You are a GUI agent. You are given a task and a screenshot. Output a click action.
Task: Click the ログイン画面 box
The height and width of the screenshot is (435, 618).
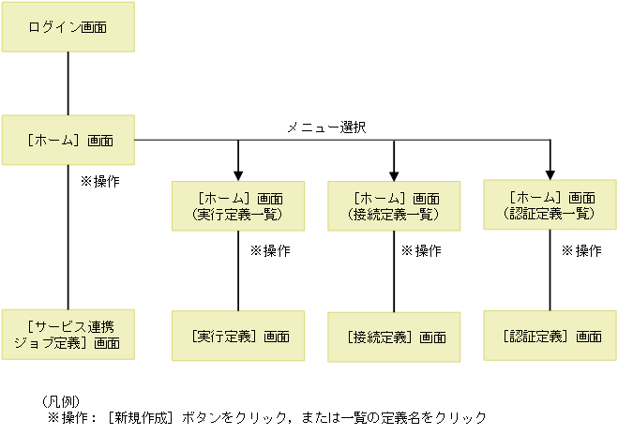(x=68, y=27)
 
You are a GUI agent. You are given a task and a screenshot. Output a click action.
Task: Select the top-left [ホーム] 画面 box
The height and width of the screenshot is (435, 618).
(x=68, y=141)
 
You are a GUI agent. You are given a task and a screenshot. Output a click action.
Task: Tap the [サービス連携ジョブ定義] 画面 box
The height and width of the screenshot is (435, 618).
(x=68, y=335)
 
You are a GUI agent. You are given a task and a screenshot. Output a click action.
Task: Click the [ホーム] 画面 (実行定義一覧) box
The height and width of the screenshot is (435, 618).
(x=238, y=206)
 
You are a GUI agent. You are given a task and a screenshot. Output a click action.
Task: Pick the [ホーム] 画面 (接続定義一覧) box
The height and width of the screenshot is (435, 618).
(x=393, y=206)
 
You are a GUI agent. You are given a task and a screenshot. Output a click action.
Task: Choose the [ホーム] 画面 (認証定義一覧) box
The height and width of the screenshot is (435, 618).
(x=550, y=205)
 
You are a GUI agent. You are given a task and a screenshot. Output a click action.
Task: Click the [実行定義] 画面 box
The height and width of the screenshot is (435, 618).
(x=238, y=336)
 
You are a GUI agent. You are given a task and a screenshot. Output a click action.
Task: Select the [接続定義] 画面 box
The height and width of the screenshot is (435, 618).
(x=394, y=337)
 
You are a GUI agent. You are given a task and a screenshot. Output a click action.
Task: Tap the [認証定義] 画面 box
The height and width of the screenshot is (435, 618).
(x=550, y=336)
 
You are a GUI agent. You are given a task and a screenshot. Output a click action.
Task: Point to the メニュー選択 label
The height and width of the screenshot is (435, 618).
(x=325, y=127)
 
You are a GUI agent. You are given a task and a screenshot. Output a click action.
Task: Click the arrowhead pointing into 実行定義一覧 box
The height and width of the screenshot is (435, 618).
(x=238, y=173)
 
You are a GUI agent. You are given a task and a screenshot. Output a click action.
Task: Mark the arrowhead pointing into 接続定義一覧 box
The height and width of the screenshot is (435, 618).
(x=393, y=173)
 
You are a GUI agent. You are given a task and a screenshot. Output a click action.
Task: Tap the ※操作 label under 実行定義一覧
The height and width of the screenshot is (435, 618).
(x=269, y=251)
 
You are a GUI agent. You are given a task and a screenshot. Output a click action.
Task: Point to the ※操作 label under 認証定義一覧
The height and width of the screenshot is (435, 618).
(x=580, y=251)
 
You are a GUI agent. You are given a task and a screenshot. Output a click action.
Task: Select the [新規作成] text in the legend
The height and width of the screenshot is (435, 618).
(x=142, y=416)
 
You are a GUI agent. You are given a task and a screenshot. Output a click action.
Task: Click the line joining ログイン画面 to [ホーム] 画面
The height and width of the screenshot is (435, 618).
(x=68, y=83)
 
